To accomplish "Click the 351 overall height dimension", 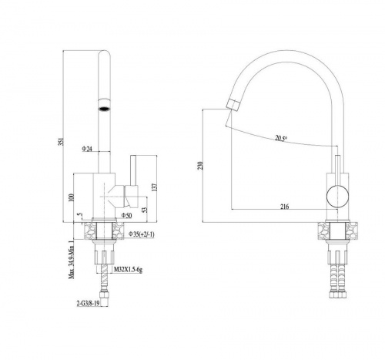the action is coord(61,142).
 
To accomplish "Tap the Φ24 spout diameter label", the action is coord(87,149).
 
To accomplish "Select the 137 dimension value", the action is coord(154,187).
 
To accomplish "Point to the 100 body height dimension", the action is coord(72,197).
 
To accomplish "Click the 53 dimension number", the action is coord(145,210).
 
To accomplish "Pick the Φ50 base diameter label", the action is coord(126,215).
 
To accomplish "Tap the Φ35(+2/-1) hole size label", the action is coord(142,234).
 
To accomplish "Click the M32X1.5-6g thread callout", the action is coord(128,270).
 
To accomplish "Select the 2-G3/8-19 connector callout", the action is coord(88,304).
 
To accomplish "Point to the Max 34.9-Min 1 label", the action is coord(72,259).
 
